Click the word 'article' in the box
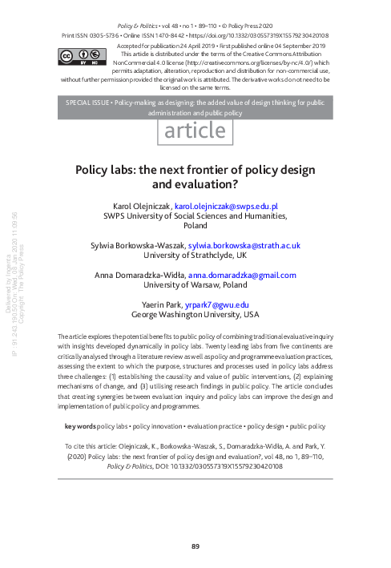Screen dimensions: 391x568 coord(195,131)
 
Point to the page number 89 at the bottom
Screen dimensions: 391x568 coord(195,547)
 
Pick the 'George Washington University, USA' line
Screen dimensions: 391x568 coord(195,315)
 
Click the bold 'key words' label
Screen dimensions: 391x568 coord(79,425)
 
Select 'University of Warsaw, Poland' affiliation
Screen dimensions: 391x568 coord(195,284)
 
